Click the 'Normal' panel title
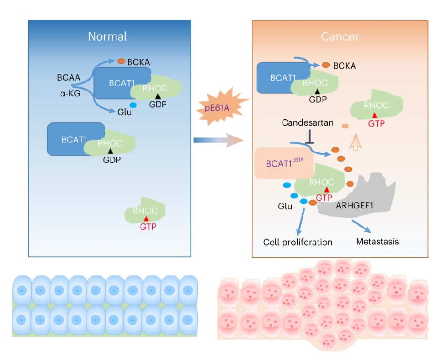click(x=107, y=36)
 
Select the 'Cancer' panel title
click(x=340, y=36)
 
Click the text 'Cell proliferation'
click(x=298, y=242)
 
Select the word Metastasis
click(x=378, y=241)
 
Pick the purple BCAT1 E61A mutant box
click(x=284, y=163)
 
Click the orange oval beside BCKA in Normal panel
click(x=121, y=61)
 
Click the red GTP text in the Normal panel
click(x=148, y=226)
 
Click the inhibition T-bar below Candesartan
click(x=310, y=137)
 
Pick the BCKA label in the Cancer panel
click(x=345, y=66)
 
